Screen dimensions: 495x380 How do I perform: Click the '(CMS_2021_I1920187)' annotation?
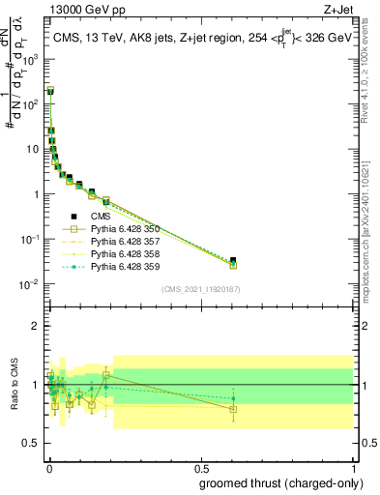(x=200, y=289)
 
